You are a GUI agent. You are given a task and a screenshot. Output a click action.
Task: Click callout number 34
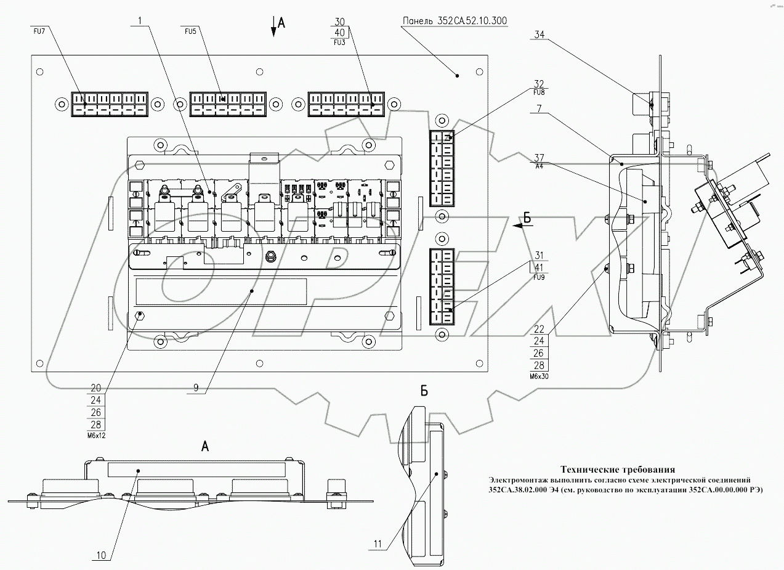540,35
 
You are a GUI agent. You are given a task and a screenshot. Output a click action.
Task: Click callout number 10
101,555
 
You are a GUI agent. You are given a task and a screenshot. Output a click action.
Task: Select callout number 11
377,544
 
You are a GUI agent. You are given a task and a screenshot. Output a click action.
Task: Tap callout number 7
539,109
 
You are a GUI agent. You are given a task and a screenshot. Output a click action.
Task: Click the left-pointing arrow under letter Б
518,226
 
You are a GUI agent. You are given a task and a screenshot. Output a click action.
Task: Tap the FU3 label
339,43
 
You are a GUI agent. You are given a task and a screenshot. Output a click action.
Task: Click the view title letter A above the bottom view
206,447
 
